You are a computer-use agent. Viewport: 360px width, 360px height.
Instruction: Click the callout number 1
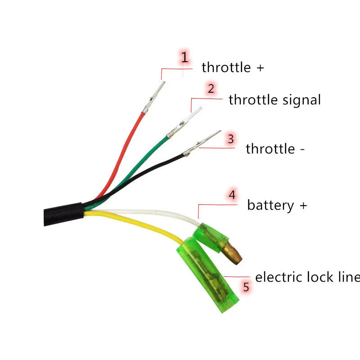coord(184,58)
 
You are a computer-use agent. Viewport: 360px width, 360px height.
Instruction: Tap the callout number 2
coord(211,88)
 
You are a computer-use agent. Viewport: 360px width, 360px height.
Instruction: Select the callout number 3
coord(230,139)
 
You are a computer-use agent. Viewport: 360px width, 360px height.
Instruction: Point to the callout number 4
coord(232,195)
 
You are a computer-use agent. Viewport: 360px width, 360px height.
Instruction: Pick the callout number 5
coord(246,287)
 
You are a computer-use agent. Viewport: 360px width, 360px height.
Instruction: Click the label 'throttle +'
coord(233,67)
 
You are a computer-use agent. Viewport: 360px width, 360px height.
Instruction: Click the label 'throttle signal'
coord(274,99)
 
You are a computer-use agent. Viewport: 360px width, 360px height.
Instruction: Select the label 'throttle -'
coord(275,149)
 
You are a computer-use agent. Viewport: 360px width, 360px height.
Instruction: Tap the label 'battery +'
coord(277,206)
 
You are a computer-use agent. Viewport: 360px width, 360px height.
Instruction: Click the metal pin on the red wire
coord(153,97)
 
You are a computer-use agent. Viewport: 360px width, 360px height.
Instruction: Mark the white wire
coord(153,211)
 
